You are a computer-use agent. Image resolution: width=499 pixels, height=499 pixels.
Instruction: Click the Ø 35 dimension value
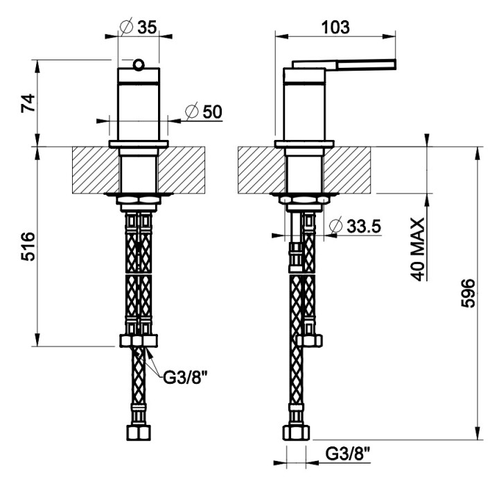point(139,27)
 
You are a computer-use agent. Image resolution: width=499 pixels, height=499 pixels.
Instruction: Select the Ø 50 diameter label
point(204,112)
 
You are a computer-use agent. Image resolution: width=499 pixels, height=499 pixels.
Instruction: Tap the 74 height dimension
point(28,103)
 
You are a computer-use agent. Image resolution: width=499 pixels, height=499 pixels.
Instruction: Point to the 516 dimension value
point(28,247)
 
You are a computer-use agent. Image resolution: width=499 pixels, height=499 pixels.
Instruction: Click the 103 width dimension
point(335,27)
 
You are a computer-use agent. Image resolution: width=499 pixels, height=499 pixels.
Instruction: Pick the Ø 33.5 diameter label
point(355,226)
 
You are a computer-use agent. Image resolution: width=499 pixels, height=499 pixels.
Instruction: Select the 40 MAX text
point(417,249)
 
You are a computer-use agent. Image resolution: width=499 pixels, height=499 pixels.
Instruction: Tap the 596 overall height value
point(468,293)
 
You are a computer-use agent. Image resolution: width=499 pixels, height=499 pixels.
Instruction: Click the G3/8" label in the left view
point(185,378)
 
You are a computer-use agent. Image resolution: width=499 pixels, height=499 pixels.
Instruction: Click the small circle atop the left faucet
point(139,64)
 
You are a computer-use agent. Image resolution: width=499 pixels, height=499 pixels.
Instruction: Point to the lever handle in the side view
point(344,64)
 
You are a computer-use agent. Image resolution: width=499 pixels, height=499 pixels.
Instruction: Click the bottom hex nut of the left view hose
point(139,432)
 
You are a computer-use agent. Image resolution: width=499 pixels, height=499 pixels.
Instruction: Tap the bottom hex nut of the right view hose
point(296,432)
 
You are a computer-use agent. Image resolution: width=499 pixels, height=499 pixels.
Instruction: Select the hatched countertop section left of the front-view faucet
point(96,170)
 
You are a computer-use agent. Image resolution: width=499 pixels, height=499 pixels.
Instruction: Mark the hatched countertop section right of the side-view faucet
point(347,170)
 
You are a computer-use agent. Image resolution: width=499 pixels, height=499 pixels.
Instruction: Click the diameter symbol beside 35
point(126,27)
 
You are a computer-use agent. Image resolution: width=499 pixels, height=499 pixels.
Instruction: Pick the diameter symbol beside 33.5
point(335,226)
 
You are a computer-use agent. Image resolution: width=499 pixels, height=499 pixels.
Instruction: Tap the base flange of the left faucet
point(139,144)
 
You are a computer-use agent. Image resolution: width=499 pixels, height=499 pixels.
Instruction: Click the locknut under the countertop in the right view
point(304,200)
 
